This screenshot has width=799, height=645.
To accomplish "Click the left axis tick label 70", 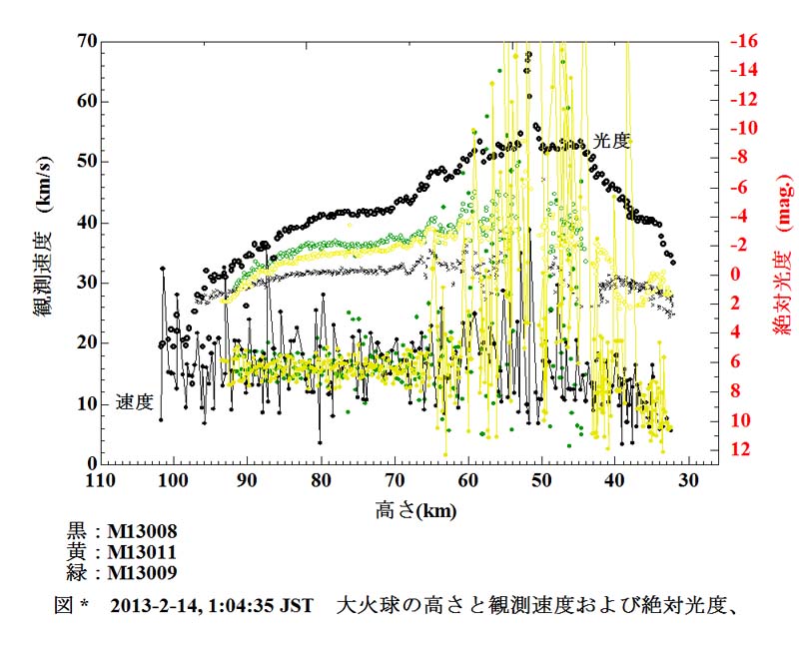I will point(86,42).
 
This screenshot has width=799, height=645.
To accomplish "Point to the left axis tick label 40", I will point(86,223).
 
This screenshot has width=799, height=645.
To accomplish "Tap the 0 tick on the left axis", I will point(91,464).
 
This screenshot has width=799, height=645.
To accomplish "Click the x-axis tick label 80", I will point(321,481).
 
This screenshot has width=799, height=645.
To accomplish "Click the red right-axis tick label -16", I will point(744,42).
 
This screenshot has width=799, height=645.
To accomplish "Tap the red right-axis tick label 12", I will point(741,451).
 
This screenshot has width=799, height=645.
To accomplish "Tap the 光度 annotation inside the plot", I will point(610,141).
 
